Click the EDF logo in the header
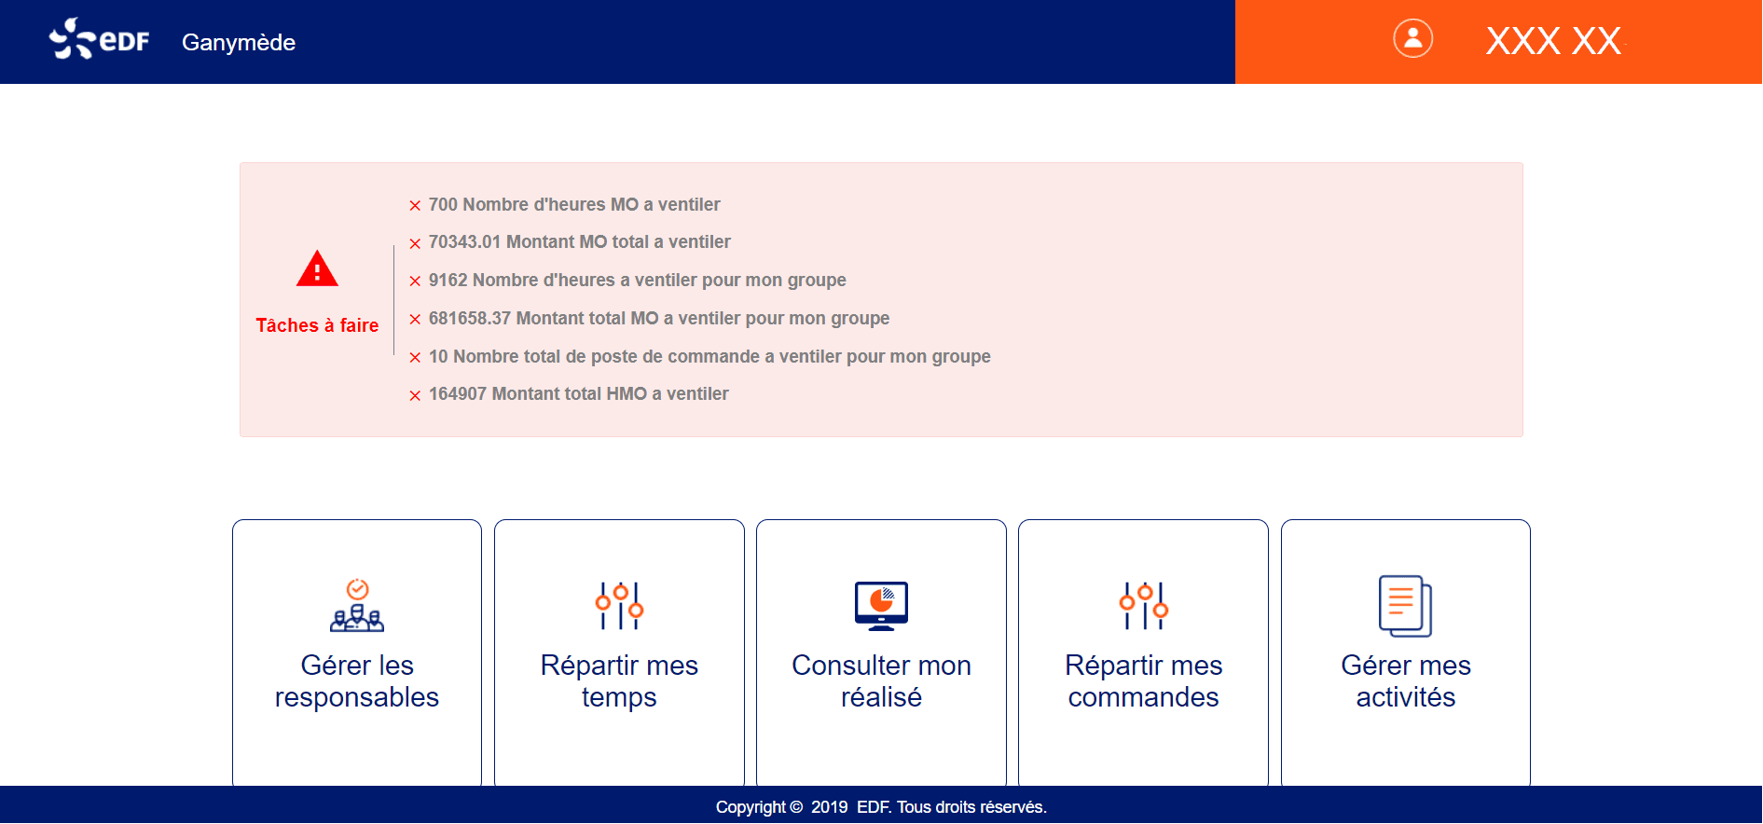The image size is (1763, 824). (x=99, y=39)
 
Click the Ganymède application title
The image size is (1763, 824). (x=239, y=43)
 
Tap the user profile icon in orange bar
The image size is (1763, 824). (x=1412, y=39)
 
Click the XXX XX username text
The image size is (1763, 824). (x=1553, y=41)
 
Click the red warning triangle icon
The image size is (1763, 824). (x=317, y=269)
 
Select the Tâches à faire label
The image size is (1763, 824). (x=317, y=325)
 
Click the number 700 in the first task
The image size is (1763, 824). (x=443, y=204)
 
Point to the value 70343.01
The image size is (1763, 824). (x=464, y=242)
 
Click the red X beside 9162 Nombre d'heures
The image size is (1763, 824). (x=415, y=282)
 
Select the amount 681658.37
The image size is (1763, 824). (x=470, y=319)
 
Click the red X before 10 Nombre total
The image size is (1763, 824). (x=415, y=358)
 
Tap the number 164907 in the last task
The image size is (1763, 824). (x=458, y=394)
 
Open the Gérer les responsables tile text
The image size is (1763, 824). (x=357, y=681)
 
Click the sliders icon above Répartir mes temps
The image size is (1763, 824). (x=619, y=606)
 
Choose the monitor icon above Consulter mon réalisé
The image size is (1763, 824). (x=881, y=606)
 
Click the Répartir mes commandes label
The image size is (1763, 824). (x=1143, y=681)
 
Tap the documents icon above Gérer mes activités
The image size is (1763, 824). (x=1405, y=606)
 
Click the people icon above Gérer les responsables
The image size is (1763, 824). (x=357, y=606)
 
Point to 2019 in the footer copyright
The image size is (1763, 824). (x=829, y=807)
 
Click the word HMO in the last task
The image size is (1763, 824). (x=627, y=394)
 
